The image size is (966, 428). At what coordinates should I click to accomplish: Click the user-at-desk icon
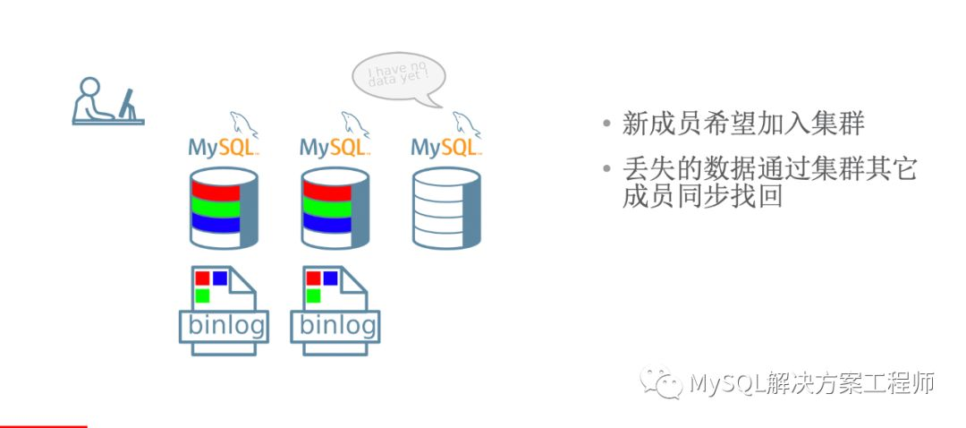tap(106, 100)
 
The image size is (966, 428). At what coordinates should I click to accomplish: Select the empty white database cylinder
tap(445, 208)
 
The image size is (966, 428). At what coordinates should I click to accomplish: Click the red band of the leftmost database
tap(216, 192)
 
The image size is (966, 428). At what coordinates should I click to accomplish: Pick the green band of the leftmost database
tap(216, 208)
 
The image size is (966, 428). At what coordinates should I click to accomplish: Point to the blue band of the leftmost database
tap(216, 224)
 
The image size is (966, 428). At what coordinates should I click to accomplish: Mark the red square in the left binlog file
tap(202, 278)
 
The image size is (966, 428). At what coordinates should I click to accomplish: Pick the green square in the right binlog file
tap(313, 295)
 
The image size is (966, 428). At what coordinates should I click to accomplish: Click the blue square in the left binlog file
tap(219, 278)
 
